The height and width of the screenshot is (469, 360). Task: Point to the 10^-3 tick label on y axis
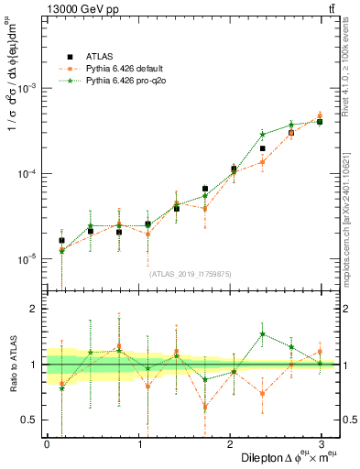pyautogui.click(x=27, y=88)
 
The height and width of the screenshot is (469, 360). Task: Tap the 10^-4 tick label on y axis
pyautogui.click(x=27, y=173)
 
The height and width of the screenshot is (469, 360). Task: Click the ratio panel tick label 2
pyautogui.click(x=34, y=309)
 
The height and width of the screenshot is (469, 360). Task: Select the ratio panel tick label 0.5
pyautogui.click(x=30, y=420)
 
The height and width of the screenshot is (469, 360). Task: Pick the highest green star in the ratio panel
pyautogui.click(x=262, y=334)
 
